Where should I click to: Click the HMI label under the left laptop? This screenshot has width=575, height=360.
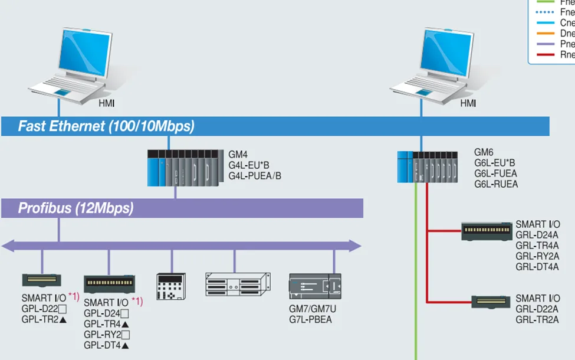point(107,104)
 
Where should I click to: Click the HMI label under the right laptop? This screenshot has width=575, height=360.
point(468,104)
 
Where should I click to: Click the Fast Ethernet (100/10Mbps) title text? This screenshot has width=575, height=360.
point(106,126)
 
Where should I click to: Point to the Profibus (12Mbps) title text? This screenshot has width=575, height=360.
point(75,208)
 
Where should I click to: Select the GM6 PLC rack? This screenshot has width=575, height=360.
point(428,166)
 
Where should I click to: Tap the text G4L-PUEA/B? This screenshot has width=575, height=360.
point(255,175)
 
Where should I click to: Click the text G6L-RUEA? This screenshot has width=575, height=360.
point(496,184)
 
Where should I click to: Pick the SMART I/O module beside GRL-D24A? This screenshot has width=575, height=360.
point(487,231)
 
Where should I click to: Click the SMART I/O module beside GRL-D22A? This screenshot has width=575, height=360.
point(491,302)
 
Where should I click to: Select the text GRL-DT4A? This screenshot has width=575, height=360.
point(537,267)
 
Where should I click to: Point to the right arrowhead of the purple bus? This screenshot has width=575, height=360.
point(356,246)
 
